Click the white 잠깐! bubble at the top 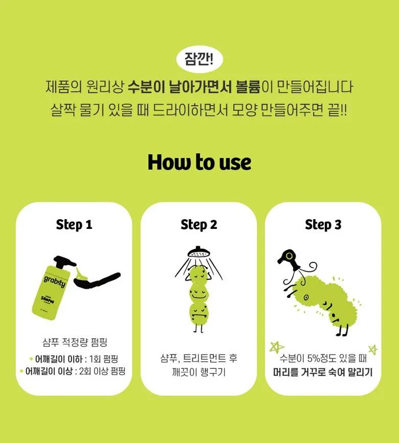pyautogui.click(x=199, y=59)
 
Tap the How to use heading pyautogui.click(x=199, y=162)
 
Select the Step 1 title pyautogui.click(x=74, y=225)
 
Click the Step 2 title pyautogui.click(x=199, y=225)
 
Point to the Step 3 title pyautogui.click(x=323, y=225)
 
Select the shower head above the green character pyautogui.click(x=198, y=252)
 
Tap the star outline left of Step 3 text pyautogui.click(x=277, y=346)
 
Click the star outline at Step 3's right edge pyautogui.click(x=373, y=350)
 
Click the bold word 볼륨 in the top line pyautogui.click(x=248, y=87)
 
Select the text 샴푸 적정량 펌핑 pyautogui.click(x=74, y=342)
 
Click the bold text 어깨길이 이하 pyautogui.click(x=55, y=358)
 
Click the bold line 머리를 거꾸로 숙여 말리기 pyautogui.click(x=323, y=371)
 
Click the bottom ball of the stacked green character pyautogui.click(x=198, y=313)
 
